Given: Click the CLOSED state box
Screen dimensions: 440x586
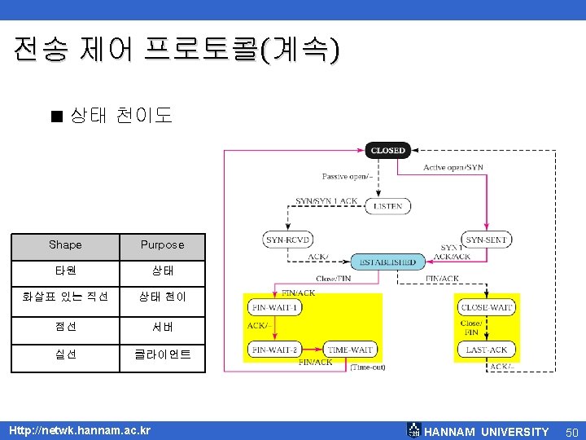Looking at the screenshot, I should point(387,150).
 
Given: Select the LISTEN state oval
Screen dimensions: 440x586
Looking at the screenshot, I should point(387,206).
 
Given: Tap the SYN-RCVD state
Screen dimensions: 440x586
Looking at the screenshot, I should point(286,240).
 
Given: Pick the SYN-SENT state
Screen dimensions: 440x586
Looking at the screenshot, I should point(487,240).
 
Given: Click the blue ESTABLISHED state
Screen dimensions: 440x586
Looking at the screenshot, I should point(387,262).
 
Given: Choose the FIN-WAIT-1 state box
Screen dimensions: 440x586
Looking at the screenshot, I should point(275,307).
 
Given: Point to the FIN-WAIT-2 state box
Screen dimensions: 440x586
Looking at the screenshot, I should point(275,350).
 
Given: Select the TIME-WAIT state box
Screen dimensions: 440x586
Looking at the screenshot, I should point(350,350).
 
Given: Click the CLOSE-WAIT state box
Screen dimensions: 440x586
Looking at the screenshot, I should point(487,307).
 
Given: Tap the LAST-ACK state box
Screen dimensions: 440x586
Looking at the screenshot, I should point(487,350).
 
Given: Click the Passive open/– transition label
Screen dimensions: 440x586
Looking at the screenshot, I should point(348,176).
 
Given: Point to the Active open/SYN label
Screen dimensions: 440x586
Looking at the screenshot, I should point(453,167).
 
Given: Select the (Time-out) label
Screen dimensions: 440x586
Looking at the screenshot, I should point(368,367).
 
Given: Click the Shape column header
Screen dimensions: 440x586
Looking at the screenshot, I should point(65,244).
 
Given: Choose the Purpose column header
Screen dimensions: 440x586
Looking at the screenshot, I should point(162,244).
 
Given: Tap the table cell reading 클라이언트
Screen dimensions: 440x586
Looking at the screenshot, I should point(162,354).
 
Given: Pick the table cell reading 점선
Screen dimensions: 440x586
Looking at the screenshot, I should point(65,327).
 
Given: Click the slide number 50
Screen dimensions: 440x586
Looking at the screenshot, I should point(571,431).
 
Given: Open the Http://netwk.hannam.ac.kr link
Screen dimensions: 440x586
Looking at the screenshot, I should point(79,429).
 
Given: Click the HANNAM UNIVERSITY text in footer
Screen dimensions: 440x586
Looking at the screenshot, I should point(487,431).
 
